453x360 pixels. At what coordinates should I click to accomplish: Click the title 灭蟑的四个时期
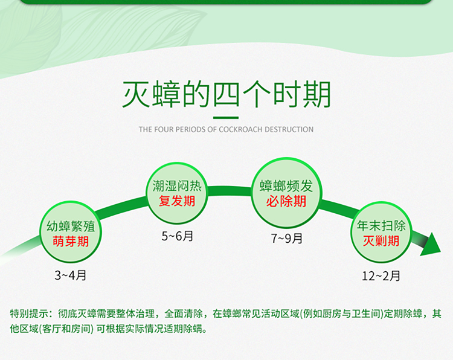226,94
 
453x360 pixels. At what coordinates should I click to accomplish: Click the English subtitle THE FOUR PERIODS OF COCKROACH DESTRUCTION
226,129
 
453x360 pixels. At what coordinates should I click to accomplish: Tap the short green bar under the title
226,118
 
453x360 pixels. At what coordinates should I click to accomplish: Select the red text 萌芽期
71,241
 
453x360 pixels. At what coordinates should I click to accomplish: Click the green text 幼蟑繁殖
71,227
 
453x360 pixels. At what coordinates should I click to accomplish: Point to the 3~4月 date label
71,275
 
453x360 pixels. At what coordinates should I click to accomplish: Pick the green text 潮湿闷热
177,186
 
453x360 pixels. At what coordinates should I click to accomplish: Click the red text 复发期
177,201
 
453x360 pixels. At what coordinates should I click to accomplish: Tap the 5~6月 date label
177,236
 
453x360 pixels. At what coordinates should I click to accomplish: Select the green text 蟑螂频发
286,186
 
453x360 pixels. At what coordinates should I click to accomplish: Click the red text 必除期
286,201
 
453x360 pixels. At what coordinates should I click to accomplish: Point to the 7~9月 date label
286,239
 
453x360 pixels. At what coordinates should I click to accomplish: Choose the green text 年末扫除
381,226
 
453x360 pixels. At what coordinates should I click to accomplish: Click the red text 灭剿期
381,240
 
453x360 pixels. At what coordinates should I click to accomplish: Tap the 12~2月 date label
381,276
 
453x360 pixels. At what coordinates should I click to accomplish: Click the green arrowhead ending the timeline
431,245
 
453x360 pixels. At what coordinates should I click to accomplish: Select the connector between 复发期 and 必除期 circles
230,191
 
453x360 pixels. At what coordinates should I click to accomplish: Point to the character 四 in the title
226,95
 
